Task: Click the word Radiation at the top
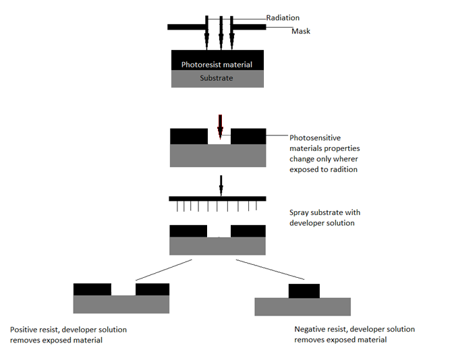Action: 283,18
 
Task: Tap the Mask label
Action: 301,31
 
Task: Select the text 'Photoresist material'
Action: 217,65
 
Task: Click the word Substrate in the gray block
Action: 217,78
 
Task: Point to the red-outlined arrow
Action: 221,127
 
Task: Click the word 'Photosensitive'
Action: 315,138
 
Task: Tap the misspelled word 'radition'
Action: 344,169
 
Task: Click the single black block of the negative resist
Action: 304,291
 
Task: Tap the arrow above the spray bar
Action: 221,186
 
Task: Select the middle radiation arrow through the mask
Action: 221,33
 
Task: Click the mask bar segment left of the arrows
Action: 186,27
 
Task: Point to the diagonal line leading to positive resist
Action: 164,270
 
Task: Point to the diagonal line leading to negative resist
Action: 270,270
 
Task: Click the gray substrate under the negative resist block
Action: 303,307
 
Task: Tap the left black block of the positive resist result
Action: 92,289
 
